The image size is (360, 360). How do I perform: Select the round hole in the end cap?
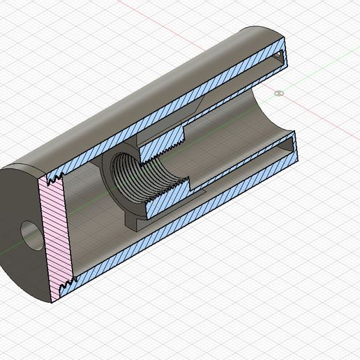click(x=29, y=236)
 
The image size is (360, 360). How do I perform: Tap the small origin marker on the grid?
click(x=280, y=92)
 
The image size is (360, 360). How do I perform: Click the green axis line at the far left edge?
click(x=3, y=251)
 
